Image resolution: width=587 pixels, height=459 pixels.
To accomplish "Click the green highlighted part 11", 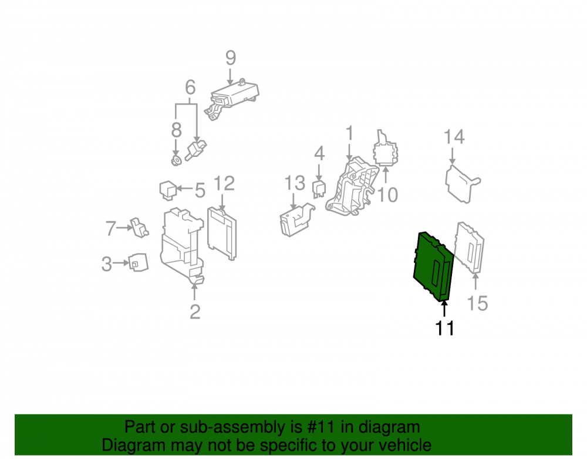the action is pyautogui.click(x=434, y=266).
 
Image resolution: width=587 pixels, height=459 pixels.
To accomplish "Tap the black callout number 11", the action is pyautogui.click(x=445, y=328).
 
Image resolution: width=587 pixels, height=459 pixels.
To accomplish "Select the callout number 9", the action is pyautogui.click(x=231, y=58).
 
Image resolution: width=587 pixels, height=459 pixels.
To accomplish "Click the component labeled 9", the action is pyautogui.click(x=232, y=99).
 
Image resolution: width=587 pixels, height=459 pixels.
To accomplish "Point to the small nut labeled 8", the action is pyautogui.click(x=176, y=161).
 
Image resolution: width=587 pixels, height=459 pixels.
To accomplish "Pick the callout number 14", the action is pyautogui.click(x=454, y=137).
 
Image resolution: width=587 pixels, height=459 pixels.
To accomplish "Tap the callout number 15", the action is pyautogui.click(x=478, y=303).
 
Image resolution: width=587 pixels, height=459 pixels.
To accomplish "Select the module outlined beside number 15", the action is pyautogui.click(x=470, y=247).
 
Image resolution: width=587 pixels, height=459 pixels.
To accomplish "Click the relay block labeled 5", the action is pyautogui.click(x=168, y=190).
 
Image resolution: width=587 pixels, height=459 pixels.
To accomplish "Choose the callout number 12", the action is pyautogui.click(x=224, y=183).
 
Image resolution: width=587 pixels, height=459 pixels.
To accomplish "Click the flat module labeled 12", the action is pyautogui.click(x=222, y=233).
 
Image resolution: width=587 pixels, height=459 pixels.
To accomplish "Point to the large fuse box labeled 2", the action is pyautogui.click(x=183, y=246).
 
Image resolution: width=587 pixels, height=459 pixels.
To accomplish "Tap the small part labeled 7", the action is pyautogui.click(x=139, y=227).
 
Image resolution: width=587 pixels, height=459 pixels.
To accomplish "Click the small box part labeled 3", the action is pyautogui.click(x=138, y=262).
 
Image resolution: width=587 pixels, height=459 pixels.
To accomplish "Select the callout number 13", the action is pyautogui.click(x=295, y=183).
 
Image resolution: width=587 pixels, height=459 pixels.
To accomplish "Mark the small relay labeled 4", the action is pyautogui.click(x=319, y=189).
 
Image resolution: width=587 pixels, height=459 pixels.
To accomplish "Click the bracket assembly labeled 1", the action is pyautogui.click(x=352, y=187).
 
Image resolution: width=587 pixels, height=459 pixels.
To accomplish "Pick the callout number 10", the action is pyautogui.click(x=387, y=195).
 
